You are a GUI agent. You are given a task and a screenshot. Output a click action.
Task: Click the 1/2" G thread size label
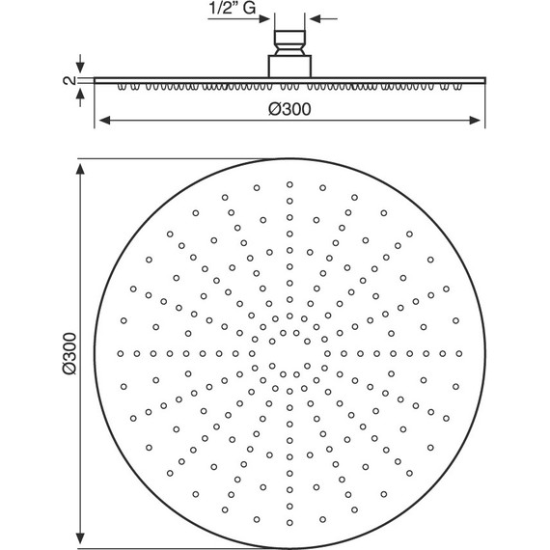click(x=233, y=8)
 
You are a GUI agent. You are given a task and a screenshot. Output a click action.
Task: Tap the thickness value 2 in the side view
click(x=69, y=80)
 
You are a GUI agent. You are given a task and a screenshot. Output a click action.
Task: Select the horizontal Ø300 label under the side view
click(x=289, y=109)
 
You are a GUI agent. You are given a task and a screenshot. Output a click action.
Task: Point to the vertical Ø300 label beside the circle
click(x=69, y=353)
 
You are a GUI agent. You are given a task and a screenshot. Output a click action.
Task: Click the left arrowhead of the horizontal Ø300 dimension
click(x=105, y=121)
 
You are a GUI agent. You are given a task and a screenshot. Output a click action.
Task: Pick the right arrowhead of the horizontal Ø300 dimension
click(x=475, y=121)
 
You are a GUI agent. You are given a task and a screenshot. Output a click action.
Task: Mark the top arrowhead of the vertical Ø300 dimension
click(x=80, y=169)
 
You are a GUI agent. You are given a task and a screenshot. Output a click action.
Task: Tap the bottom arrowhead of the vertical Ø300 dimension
click(x=80, y=538)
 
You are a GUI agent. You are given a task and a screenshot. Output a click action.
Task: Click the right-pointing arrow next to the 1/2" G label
click(x=238, y=18)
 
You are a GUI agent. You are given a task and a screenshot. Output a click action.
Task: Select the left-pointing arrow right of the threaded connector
click(x=324, y=18)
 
